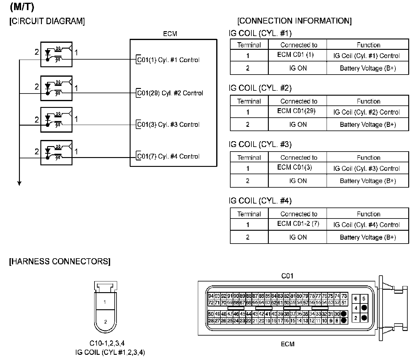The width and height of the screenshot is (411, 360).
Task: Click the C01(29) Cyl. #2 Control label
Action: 170,93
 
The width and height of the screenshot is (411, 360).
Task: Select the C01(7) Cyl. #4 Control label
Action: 168,156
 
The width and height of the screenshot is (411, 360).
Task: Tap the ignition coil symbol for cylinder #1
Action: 57,54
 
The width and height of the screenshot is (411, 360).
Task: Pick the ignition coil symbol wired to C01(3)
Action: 57,120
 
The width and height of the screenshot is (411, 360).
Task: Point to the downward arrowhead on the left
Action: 19,183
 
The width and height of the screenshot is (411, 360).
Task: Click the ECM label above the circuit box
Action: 170,34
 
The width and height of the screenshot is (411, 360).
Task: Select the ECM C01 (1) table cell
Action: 296,55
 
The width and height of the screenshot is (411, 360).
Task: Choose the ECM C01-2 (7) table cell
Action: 298,224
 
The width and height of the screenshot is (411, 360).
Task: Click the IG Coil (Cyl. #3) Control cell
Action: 366,168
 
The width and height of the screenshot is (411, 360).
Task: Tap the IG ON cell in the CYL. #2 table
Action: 298,125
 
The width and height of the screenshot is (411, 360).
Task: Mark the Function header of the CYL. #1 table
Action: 368,45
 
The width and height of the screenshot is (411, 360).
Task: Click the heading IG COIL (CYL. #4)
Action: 260,201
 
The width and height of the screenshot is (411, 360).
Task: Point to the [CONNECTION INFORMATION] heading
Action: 294,21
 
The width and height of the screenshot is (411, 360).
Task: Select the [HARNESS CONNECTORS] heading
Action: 60,262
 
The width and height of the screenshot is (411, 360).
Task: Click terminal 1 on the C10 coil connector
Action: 105,302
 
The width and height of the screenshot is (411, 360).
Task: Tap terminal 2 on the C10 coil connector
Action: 106,321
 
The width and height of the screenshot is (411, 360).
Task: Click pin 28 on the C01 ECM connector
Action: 211,321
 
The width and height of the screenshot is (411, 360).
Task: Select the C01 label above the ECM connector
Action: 287,276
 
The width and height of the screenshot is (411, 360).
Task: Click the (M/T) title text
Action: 22,7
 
